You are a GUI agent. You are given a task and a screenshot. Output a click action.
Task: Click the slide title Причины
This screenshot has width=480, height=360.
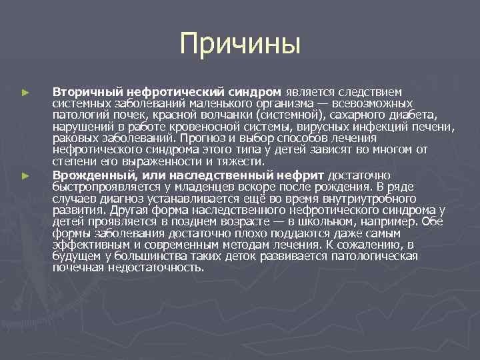coord(240,45)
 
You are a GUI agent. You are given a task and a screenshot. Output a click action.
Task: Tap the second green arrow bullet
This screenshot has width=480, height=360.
coord(25,175)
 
